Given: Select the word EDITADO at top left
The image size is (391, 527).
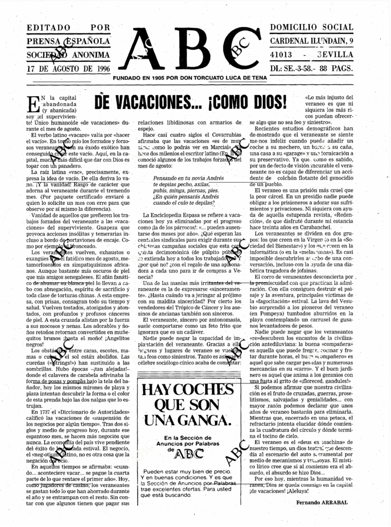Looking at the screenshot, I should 47,27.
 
